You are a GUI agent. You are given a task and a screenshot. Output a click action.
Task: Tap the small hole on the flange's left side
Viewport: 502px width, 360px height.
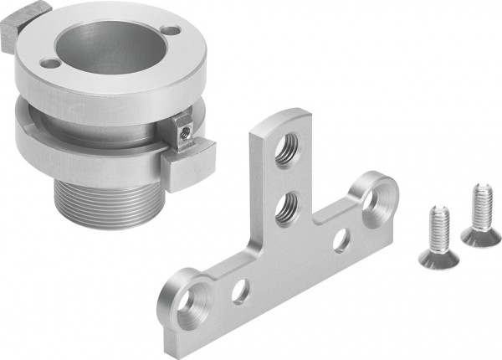pos(50,63)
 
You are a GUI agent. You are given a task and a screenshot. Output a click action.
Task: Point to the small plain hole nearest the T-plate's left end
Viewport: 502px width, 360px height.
pos(240,291)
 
